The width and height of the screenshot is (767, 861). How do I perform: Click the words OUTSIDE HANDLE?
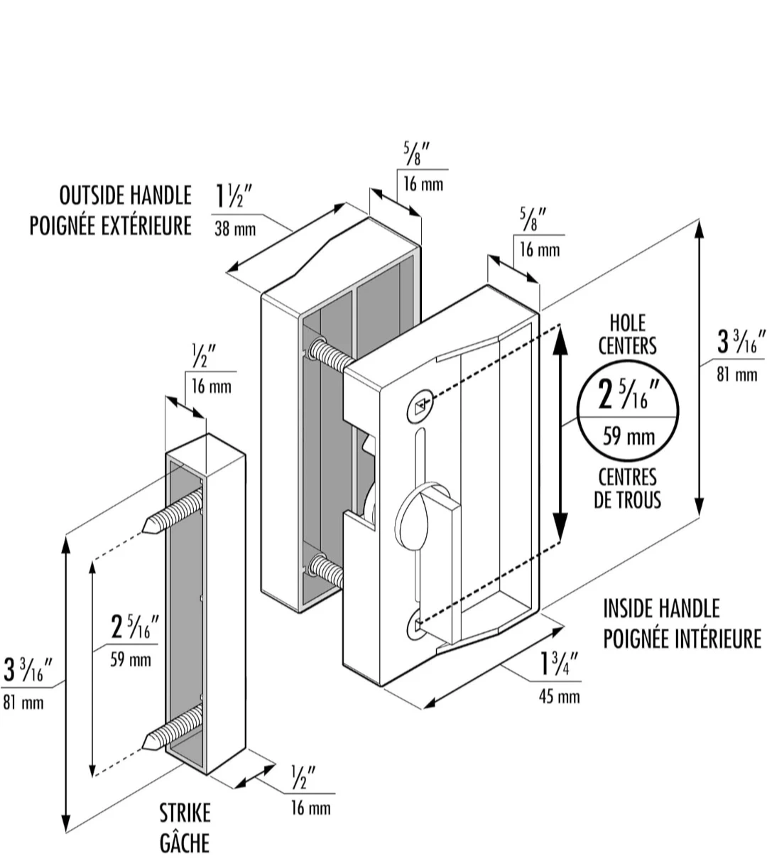126,195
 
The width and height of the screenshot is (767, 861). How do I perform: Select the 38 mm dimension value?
235,229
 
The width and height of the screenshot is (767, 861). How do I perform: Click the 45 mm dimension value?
559,697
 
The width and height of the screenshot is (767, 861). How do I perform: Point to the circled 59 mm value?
629,437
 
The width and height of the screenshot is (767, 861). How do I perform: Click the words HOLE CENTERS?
628,334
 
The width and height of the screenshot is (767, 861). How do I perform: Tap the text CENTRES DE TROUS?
628,489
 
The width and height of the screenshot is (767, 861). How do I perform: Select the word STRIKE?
185,813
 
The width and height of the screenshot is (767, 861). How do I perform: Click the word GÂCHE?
185,842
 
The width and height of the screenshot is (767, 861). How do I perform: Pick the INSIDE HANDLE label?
662,608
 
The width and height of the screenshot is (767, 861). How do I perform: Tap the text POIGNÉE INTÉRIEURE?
682,639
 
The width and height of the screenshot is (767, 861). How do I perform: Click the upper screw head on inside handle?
420,406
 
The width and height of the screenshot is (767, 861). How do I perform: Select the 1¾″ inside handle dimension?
560,664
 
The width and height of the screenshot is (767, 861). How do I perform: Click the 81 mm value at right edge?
737,375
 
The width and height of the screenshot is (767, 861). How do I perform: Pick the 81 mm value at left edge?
23,703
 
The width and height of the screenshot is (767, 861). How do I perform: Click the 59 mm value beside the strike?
131,659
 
